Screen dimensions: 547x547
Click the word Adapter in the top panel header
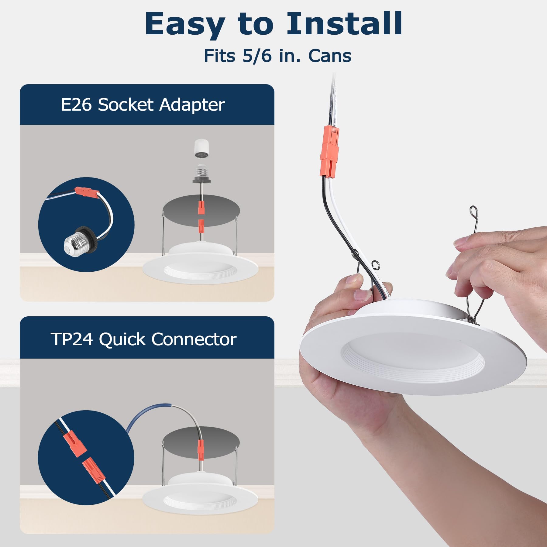pyautogui.click(x=192, y=105)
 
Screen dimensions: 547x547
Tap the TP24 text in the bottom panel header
pyautogui.click(x=72, y=339)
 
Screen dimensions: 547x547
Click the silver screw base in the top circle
pyautogui.click(x=73, y=243)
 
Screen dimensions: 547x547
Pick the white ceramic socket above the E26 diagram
pyautogui.click(x=201, y=148)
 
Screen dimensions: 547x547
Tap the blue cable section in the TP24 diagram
pyautogui.click(x=146, y=413)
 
